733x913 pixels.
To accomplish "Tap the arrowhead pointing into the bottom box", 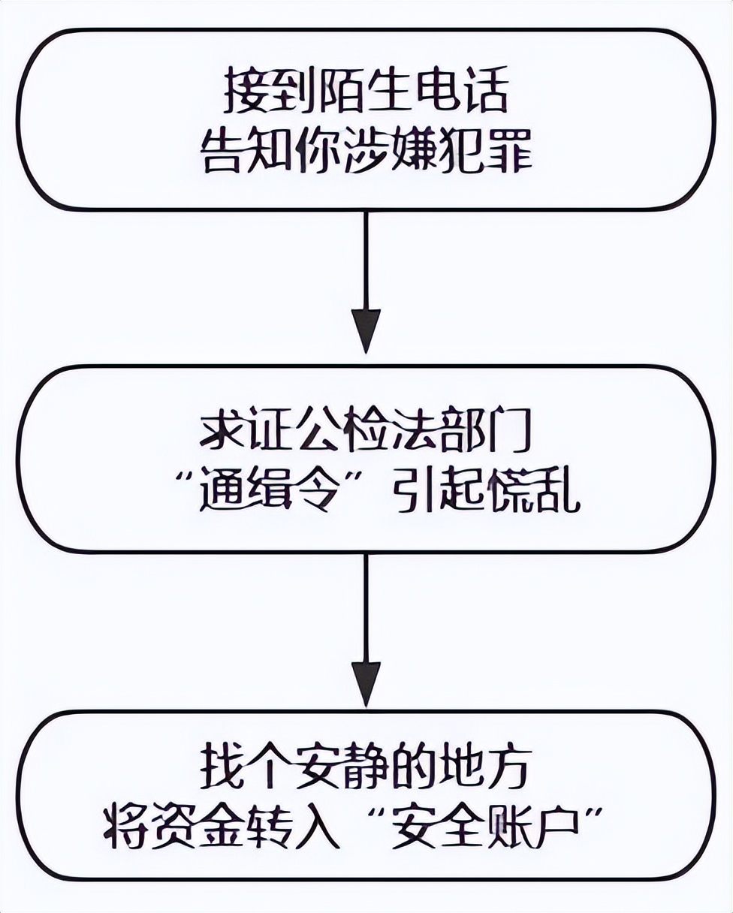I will pos(366,682).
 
